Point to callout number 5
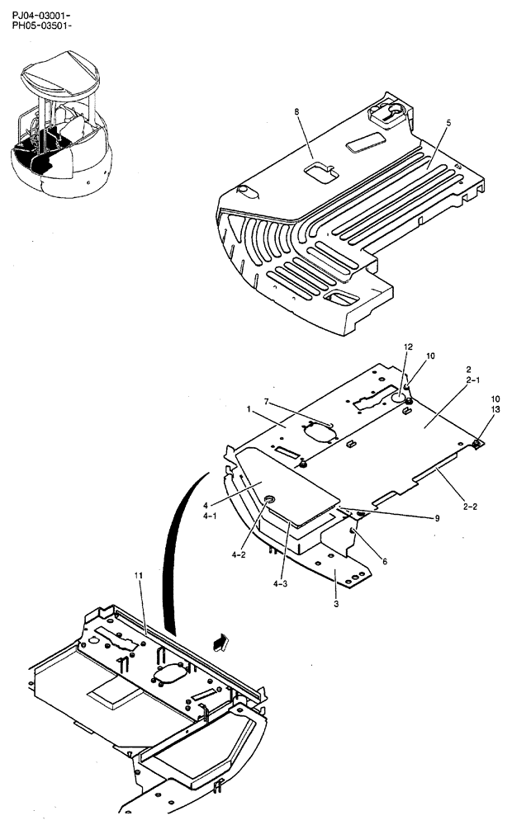point(448,122)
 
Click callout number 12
point(407,347)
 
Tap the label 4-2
point(239,555)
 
